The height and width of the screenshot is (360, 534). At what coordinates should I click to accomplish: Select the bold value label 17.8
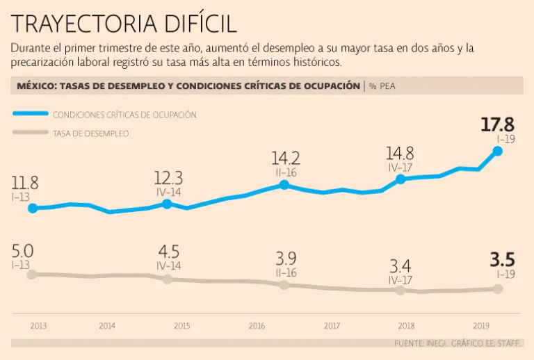click(x=497, y=125)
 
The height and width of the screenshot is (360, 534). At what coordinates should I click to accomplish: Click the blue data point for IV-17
click(x=400, y=179)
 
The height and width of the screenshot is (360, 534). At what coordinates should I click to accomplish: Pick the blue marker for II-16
click(x=284, y=185)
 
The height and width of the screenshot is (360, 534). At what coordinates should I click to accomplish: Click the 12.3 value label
click(x=169, y=177)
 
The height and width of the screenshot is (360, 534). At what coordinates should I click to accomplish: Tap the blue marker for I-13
click(x=32, y=208)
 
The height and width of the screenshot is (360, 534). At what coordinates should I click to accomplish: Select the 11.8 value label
click(x=24, y=183)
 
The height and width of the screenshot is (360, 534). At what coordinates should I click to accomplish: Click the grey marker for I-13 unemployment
click(x=31, y=275)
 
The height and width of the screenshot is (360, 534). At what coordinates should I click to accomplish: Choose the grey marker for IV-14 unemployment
click(x=167, y=279)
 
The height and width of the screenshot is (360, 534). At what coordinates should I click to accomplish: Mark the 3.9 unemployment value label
click(x=286, y=259)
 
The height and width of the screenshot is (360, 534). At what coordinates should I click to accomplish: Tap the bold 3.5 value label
click(x=501, y=261)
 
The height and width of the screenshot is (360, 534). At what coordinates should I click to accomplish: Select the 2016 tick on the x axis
click(x=257, y=325)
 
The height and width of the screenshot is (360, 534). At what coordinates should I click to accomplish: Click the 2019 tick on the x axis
click(x=481, y=325)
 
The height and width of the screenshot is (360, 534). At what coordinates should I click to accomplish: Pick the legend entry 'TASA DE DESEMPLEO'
click(x=90, y=133)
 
